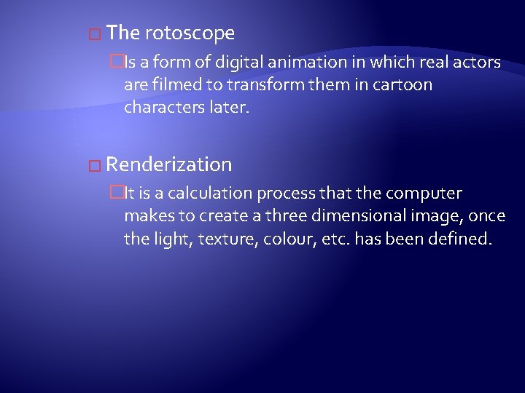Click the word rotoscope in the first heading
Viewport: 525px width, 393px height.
190,33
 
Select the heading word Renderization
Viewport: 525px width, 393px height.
173,164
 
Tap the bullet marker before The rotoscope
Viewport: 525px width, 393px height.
92,34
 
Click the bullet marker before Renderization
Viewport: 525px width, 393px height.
92,165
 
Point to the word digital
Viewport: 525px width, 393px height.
227,63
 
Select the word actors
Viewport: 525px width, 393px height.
475,63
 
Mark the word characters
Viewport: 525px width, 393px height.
159,108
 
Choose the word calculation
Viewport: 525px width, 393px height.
202,194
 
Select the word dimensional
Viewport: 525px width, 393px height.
359,216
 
